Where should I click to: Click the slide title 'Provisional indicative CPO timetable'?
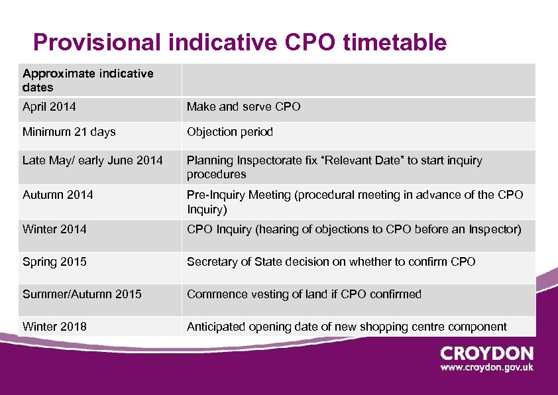(x=240, y=42)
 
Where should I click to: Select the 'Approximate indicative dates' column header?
(x=87, y=80)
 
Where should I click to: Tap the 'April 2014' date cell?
(x=49, y=107)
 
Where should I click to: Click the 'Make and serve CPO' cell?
(x=243, y=107)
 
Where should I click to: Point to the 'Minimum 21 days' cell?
(x=69, y=132)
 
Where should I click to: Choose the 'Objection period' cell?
(x=229, y=132)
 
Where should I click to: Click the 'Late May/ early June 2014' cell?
(x=92, y=160)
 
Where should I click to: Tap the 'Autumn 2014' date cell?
(x=58, y=195)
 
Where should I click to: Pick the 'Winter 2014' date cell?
(x=54, y=229)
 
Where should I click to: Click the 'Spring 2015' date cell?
(x=54, y=262)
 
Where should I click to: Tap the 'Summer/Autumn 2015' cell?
(x=82, y=294)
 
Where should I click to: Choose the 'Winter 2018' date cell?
(x=54, y=326)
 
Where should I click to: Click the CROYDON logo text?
(x=486, y=353)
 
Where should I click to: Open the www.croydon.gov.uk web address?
(x=486, y=367)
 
